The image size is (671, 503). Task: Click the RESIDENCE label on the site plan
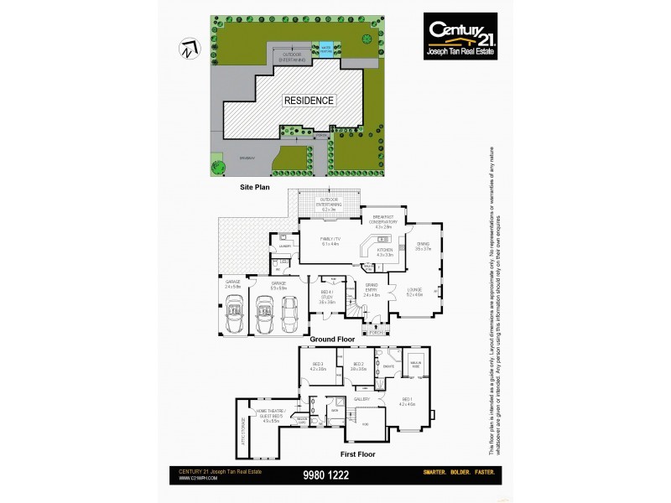point(309,101)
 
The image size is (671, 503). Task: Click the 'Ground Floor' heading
point(333,339)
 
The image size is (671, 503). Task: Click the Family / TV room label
point(330,242)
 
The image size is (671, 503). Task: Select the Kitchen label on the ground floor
point(384,251)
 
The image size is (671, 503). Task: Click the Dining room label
point(422,246)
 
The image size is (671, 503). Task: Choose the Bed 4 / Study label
point(327,299)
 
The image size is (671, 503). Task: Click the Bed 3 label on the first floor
point(317,366)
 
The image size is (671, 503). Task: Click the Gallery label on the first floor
point(362,399)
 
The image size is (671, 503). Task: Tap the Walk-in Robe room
point(414,364)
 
